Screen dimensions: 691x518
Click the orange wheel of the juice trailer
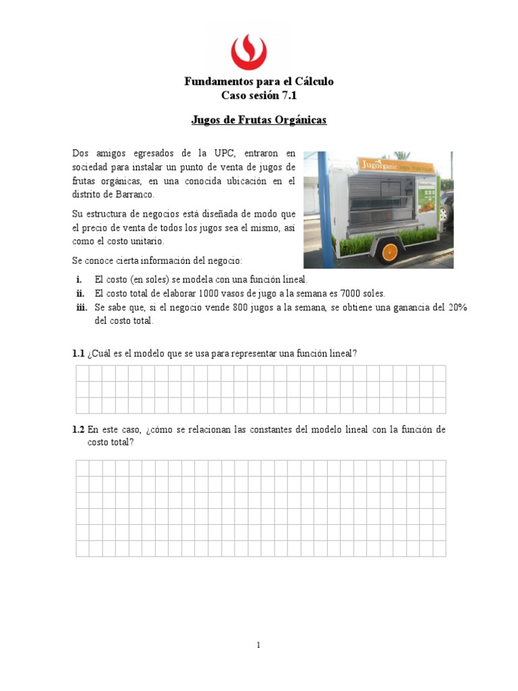click(x=389, y=252)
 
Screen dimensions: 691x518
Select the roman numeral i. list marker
click(x=79, y=279)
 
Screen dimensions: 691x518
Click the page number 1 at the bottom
click(x=258, y=645)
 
